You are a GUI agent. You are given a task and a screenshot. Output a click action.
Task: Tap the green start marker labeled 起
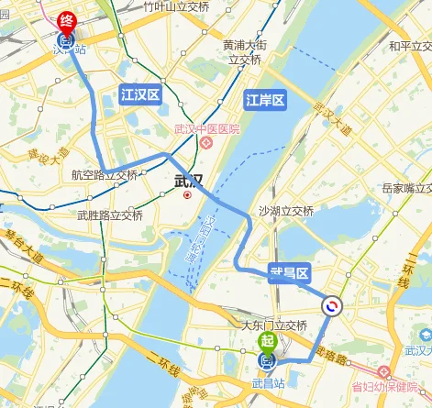[x=267, y=341]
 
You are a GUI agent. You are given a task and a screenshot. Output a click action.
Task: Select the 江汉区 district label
[x=139, y=94]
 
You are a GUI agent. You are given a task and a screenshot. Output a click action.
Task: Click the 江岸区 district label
[x=265, y=100]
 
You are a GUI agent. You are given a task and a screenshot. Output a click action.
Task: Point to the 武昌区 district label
[x=292, y=271]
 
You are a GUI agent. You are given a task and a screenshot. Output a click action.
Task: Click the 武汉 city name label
[x=188, y=181]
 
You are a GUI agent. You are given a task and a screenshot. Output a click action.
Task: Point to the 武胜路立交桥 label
[x=108, y=215]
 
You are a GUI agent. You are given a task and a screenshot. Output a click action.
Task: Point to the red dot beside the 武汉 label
[x=187, y=194]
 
